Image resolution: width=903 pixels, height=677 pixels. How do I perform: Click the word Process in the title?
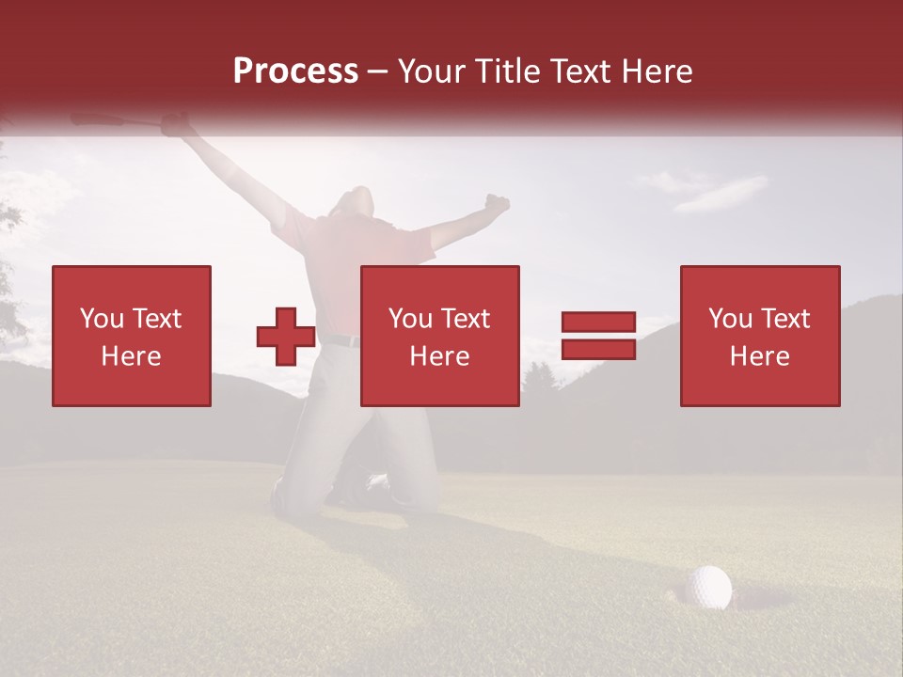(x=295, y=71)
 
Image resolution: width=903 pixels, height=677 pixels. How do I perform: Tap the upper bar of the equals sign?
(x=598, y=322)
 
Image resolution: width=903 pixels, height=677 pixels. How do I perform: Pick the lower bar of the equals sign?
(x=598, y=350)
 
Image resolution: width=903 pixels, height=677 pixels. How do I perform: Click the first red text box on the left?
(x=132, y=336)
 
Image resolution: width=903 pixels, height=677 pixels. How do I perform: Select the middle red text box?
(x=440, y=336)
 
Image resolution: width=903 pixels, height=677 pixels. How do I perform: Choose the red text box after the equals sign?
(x=760, y=336)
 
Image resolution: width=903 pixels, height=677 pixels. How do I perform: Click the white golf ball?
(x=707, y=588)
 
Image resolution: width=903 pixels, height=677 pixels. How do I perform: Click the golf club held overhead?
(x=103, y=120)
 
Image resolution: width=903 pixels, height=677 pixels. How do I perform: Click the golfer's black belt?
(x=343, y=339)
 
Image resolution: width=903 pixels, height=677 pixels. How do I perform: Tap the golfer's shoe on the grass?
(x=376, y=483)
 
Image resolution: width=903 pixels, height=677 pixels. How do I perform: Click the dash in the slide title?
(x=378, y=71)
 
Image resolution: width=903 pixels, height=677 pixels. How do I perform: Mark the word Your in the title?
(x=429, y=71)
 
